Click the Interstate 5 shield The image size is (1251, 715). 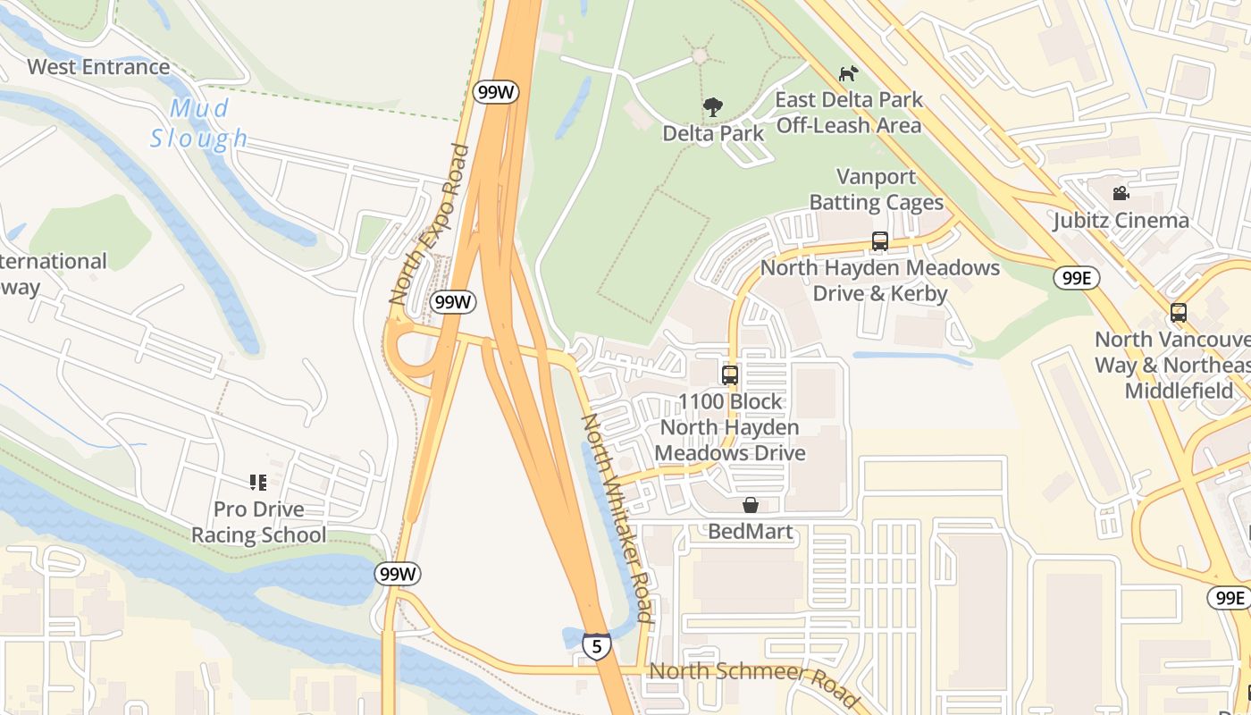click(596, 645)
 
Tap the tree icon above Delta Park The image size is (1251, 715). click(712, 108)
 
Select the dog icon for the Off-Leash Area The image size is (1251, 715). click(848, 73)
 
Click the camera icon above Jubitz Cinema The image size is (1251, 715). click(1121, 194)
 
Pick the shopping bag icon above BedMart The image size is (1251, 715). click(751, 506)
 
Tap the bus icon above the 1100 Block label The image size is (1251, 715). click(730, 375)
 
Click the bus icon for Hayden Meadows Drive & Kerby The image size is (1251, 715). click(880, 241)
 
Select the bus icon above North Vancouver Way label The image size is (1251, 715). click(1179, 313)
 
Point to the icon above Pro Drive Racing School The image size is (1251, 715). click(258, 484)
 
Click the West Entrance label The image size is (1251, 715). click(98, 67)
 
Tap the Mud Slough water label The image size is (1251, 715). click(199, 123)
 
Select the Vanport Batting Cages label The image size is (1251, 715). click(877, 189)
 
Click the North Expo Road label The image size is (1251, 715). click(429, 224)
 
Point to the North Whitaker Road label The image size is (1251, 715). click(617, 517)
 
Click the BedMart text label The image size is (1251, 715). click(751, 532)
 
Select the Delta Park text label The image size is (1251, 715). click(713, 133)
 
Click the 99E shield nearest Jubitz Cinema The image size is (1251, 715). click(1076, 278)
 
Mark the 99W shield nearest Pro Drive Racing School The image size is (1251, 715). click(397, 574)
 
